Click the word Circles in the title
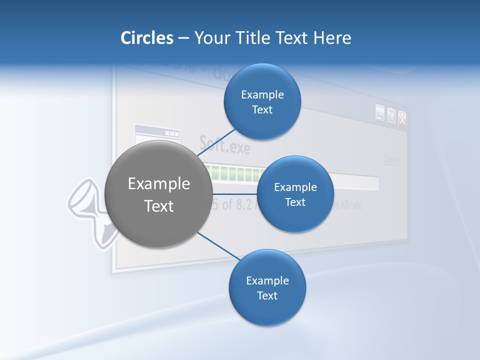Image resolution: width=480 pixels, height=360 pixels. (147, 38)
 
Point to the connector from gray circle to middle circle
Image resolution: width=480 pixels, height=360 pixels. (234, 194)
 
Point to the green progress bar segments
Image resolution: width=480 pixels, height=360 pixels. (235, 173)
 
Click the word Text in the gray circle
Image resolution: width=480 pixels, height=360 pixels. (159, 206)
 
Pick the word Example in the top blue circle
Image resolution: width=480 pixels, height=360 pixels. (262, 95)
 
